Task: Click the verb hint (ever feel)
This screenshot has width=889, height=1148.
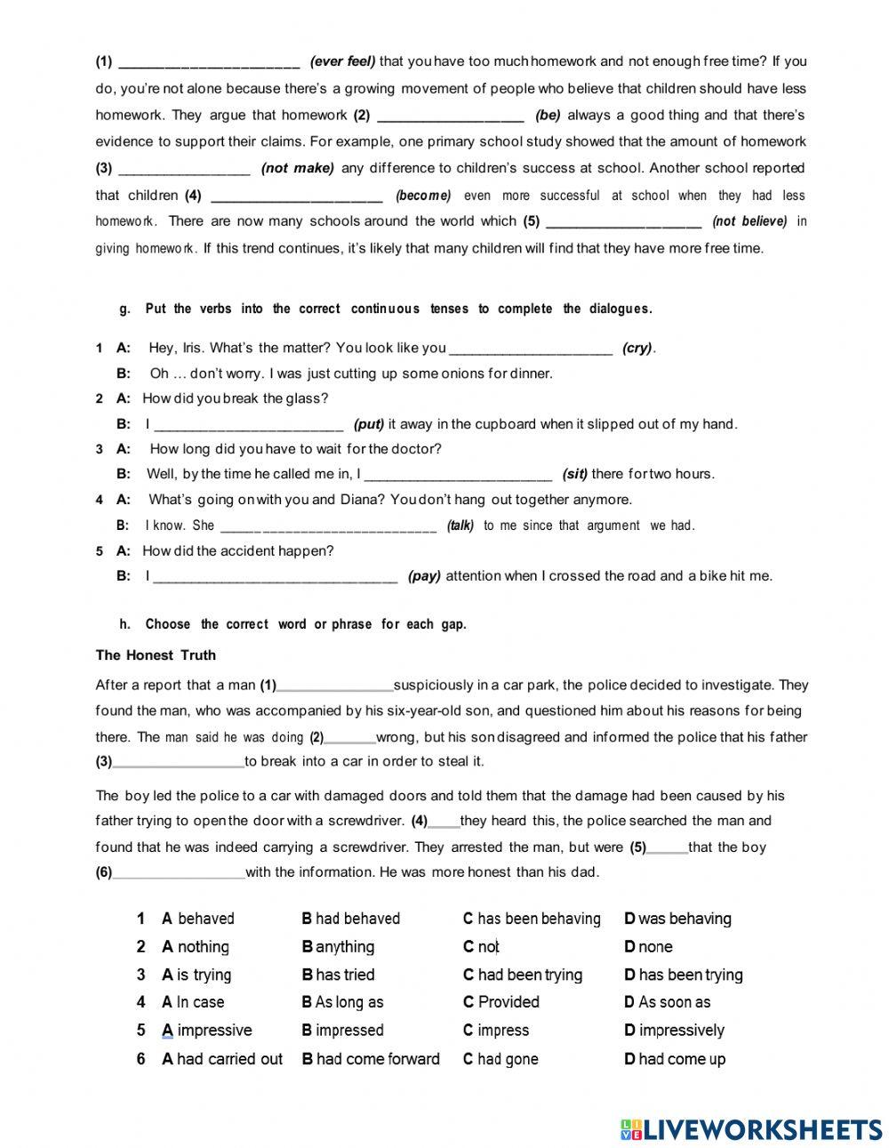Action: pos(342,61)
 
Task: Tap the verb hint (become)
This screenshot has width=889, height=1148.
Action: pos(423,196)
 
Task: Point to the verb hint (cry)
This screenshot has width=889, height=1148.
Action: pos(637,348)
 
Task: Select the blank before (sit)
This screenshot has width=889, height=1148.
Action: pos(458,475)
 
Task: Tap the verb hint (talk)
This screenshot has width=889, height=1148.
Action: pos(461,526)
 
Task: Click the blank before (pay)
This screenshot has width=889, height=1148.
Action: pos(275,576)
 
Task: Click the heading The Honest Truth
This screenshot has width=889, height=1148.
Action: pos(156,655)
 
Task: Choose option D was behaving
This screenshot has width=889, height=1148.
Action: pos(677,919)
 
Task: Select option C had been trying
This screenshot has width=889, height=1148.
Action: pos(523,975)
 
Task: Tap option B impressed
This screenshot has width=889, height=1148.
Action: pos(342,1031)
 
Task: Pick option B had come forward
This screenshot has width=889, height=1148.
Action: pos(371,1059)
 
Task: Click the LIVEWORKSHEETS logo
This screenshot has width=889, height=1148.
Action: pos(751,1129)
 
